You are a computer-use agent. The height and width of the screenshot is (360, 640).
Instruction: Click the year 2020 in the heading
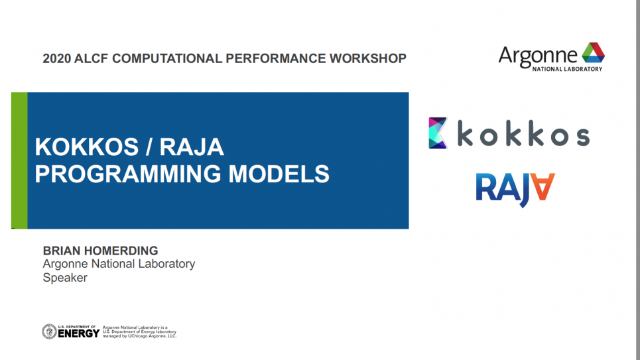56,58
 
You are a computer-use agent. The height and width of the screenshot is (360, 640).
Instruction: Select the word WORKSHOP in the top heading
368,58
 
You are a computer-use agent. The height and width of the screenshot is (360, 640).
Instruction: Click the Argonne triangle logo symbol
593,52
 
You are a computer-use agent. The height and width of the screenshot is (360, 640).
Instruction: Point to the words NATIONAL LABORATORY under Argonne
567,69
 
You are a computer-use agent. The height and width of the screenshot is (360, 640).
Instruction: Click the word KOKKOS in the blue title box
86,147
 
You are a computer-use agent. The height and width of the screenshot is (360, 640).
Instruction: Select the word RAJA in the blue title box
192,147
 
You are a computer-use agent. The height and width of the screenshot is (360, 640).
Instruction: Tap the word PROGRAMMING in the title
128,174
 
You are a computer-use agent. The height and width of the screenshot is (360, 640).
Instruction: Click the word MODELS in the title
279,174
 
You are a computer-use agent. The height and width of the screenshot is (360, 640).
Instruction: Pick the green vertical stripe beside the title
19,160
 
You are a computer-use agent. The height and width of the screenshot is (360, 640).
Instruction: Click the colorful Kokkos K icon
438,133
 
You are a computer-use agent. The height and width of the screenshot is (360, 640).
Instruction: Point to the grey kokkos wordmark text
524,133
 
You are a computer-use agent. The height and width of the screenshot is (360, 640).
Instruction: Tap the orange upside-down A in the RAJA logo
542,186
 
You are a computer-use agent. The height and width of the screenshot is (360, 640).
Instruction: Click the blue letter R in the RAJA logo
485,187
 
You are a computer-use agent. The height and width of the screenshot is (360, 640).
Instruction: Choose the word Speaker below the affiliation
65,278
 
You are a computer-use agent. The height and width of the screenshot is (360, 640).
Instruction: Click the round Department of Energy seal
49,331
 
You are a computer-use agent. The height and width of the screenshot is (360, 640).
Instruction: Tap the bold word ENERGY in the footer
78,333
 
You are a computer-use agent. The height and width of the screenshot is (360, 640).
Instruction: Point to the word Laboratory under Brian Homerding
166,264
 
